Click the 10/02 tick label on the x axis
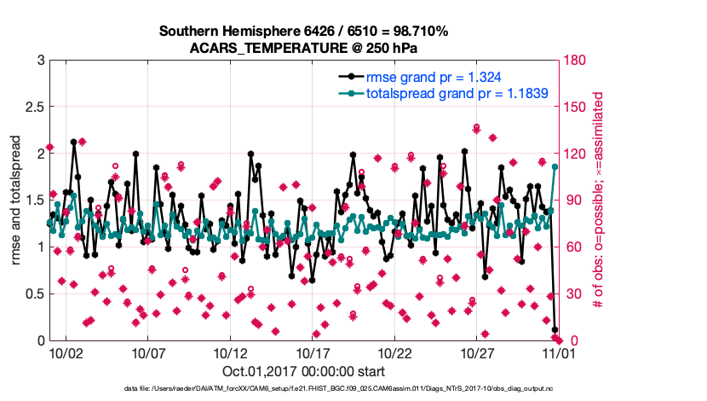click(65, 352)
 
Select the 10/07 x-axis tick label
click(147, 352)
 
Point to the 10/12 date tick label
click(230, 352)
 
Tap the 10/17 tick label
click(313, 352)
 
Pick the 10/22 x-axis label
click(395, 352)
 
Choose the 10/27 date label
click(478, 352)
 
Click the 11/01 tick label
click(560, 352)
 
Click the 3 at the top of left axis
click(40, 61)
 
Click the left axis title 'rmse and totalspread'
click(17, 200)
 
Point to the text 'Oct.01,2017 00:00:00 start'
click(303, 371)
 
